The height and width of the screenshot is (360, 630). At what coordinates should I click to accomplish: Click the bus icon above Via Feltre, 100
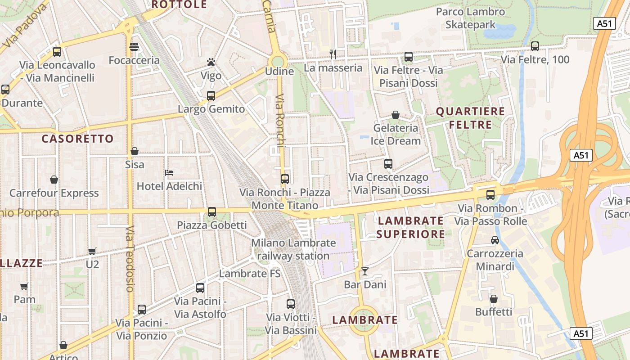tap(535, 46)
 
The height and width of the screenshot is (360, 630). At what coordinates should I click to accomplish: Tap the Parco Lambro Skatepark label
tap(470, 18)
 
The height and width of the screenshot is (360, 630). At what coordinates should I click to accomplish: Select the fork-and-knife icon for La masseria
tap(333, 54)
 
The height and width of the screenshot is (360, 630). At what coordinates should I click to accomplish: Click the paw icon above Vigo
tap(211, 62)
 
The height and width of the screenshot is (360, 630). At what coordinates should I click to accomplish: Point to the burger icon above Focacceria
tap(134, 47)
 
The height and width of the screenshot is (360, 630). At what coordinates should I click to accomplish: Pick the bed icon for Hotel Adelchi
tap(169, 172)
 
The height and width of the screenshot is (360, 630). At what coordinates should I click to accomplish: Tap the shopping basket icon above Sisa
tap(135, 151)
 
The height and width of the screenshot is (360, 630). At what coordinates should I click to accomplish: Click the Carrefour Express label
tap(54, 193)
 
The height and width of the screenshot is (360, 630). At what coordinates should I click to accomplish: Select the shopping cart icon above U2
tap(92, 251)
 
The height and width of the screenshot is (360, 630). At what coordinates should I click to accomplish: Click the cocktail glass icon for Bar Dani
tap(365, 271)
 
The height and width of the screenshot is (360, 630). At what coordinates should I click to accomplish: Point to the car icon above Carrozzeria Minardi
tap(495, 240)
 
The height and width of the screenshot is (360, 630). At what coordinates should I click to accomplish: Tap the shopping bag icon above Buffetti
tap(494, 299)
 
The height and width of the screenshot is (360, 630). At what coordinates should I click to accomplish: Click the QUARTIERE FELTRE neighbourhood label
tap(471, 118)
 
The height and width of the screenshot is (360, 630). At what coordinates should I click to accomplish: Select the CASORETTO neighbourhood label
tap(78, 139)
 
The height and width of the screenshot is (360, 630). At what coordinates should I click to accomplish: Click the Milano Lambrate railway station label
tap(293, 249)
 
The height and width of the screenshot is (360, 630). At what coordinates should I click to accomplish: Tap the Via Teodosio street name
tap(130, 259)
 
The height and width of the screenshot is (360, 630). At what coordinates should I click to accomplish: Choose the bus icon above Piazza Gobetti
tap(212, 211)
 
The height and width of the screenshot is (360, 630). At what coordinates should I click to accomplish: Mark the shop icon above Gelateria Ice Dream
tap(396, 115)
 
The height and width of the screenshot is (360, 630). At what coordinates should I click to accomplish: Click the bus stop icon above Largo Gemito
tap(211, 95)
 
